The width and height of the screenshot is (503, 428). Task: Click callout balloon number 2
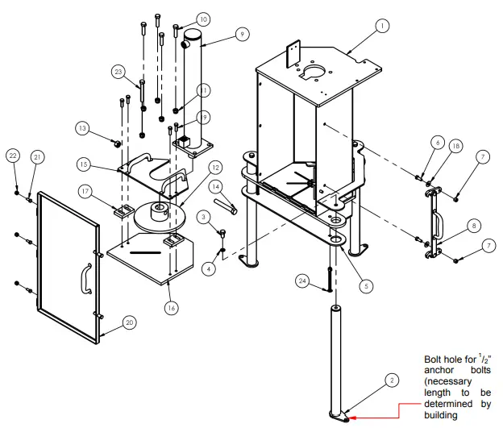tap(390, 380)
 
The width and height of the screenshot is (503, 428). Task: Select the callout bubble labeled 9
tap(241, 34)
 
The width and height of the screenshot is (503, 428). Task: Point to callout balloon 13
tap(82, 127)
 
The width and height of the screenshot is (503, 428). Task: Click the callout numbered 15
tap(82, 164)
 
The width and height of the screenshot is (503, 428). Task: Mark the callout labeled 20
tap(130, 322)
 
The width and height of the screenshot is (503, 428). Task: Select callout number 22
tap(13, 155)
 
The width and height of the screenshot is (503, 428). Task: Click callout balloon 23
tap(118, 72)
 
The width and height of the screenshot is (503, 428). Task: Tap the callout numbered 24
tap(301, 281)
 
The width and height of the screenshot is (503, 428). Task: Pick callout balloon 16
tap(170, 308)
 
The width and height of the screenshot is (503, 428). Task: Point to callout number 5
tap(366, 285)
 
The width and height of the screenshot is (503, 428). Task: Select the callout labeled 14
tap(216, 186)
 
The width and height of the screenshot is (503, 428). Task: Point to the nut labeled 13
tap(117, 143)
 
